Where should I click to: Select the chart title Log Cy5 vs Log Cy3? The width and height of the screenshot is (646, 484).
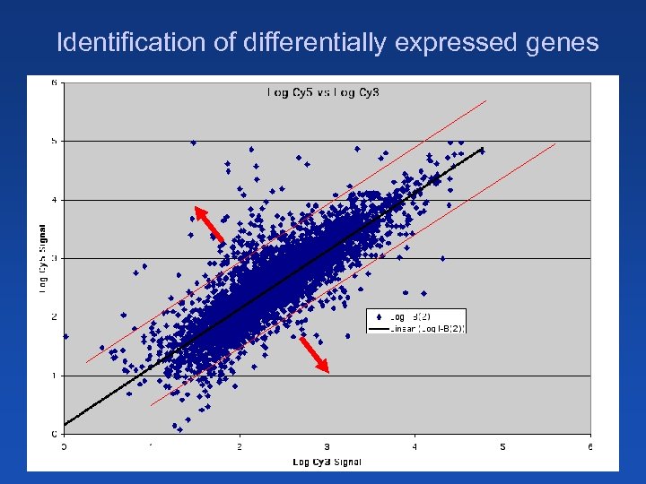click(323, 91)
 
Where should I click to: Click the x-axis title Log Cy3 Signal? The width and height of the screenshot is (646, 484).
click(327, 462)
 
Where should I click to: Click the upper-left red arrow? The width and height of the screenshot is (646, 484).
click(209, 222)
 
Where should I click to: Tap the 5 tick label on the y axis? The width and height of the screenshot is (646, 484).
click(54, 141)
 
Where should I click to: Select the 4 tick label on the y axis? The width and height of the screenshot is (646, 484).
click(54, 199)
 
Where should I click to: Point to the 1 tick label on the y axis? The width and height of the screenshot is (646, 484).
click(54, 376)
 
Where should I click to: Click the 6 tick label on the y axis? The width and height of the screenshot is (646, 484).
click(54, 82)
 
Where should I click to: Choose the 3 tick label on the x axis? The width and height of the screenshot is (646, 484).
click(327, 445)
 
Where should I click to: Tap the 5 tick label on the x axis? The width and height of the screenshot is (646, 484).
click(502, 445)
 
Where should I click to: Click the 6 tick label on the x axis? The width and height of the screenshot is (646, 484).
click(589, 445)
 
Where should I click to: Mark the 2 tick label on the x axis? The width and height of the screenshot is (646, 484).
click(240, 445)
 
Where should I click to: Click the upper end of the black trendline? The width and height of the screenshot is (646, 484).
click(483, 148)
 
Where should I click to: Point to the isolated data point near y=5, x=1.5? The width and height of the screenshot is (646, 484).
click(193, 142)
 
